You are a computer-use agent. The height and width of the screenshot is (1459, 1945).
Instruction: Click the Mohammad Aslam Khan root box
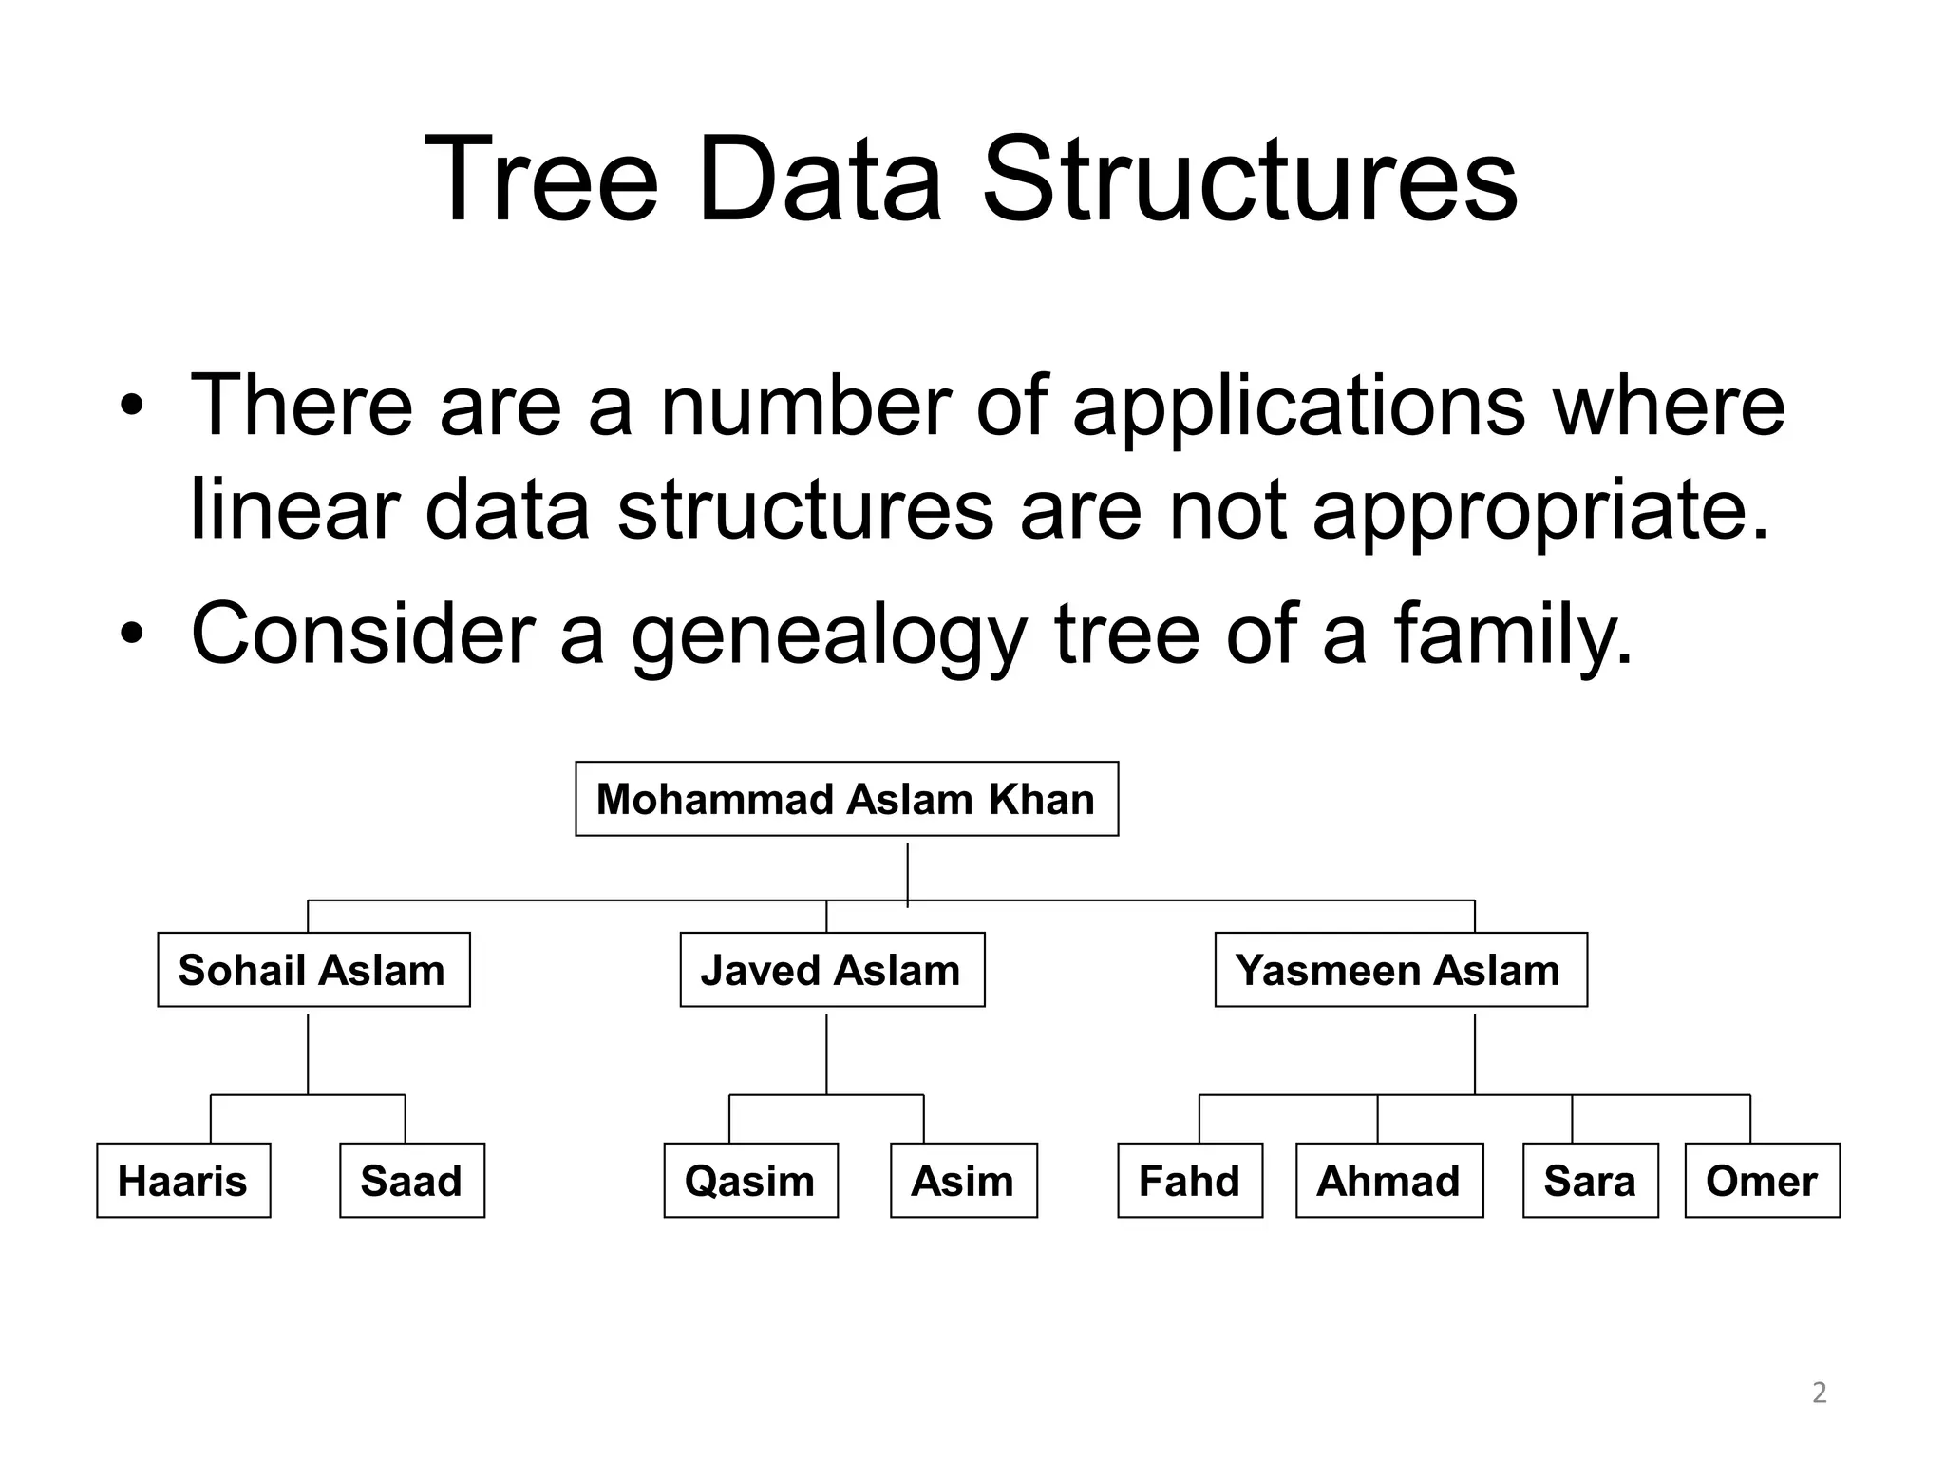click(x=846, y=799)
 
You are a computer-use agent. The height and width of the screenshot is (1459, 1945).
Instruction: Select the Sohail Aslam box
click(x=313, y=970)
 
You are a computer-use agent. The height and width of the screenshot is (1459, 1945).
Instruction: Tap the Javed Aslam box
click(x=832, y=970)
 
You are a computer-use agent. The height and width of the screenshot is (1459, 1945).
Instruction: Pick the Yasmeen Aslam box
click(x=1400, y=970)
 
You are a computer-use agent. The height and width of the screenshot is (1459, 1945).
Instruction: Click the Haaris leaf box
click(x=183, y=1181)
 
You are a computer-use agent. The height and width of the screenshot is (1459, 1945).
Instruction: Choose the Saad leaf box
click(x=412, y=1181)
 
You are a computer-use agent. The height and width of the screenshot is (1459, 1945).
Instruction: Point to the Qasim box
click(x=750, y=1181)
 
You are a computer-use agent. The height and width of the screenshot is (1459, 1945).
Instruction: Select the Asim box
click(x=963, y=1181)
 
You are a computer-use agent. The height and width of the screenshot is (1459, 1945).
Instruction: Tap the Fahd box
click(x=1190, y=1181)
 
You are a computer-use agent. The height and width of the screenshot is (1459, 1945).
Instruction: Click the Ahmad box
click(x=1388, y=1181)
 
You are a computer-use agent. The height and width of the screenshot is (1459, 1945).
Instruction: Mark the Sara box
click(x=1590, y=1181)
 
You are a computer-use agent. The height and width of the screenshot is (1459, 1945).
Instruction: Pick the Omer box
click(x=1762, y=1181)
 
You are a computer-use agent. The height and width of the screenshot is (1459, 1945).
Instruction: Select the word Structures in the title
click(x=1249, y=180)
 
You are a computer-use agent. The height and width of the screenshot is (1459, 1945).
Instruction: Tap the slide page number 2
click(x=1819, y=1393)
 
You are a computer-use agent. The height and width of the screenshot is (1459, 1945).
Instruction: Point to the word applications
click(x=1298, y=407)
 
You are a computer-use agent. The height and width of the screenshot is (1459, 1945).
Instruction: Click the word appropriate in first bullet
click(x=1540, y=511)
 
